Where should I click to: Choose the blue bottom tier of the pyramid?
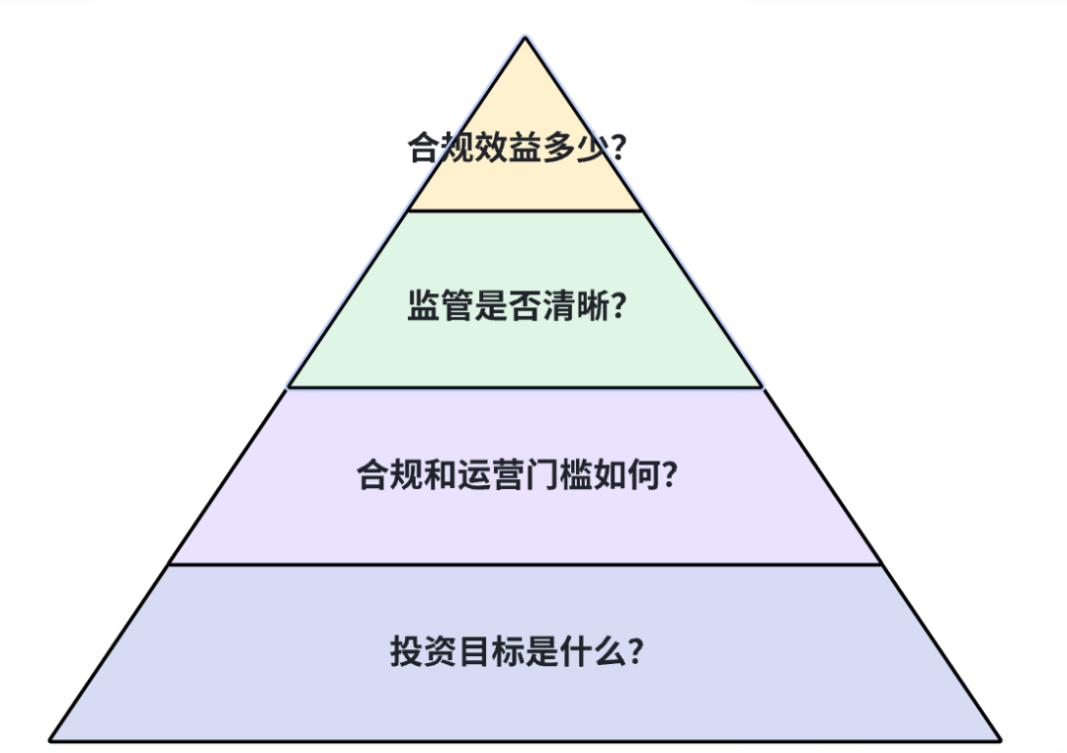tap(525, 702)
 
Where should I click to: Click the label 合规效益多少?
tap(517, 148)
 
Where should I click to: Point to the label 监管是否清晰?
tap(517, 306)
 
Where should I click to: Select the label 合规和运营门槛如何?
tap(517, 476)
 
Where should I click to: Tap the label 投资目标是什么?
tap(517, 652)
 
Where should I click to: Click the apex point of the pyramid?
tap(526, 39)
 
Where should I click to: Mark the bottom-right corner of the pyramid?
tap(1000, 739)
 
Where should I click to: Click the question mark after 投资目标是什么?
tap(635, 652)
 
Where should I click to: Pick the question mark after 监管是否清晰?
tap(618, 306)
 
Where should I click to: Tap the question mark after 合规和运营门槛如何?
tap(669, 476)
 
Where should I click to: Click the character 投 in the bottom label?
tap(405, 652)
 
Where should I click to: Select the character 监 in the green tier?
tap(423, 306)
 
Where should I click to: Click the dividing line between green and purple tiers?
tap(525, 388)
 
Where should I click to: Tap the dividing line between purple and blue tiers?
tap(525, 565)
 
